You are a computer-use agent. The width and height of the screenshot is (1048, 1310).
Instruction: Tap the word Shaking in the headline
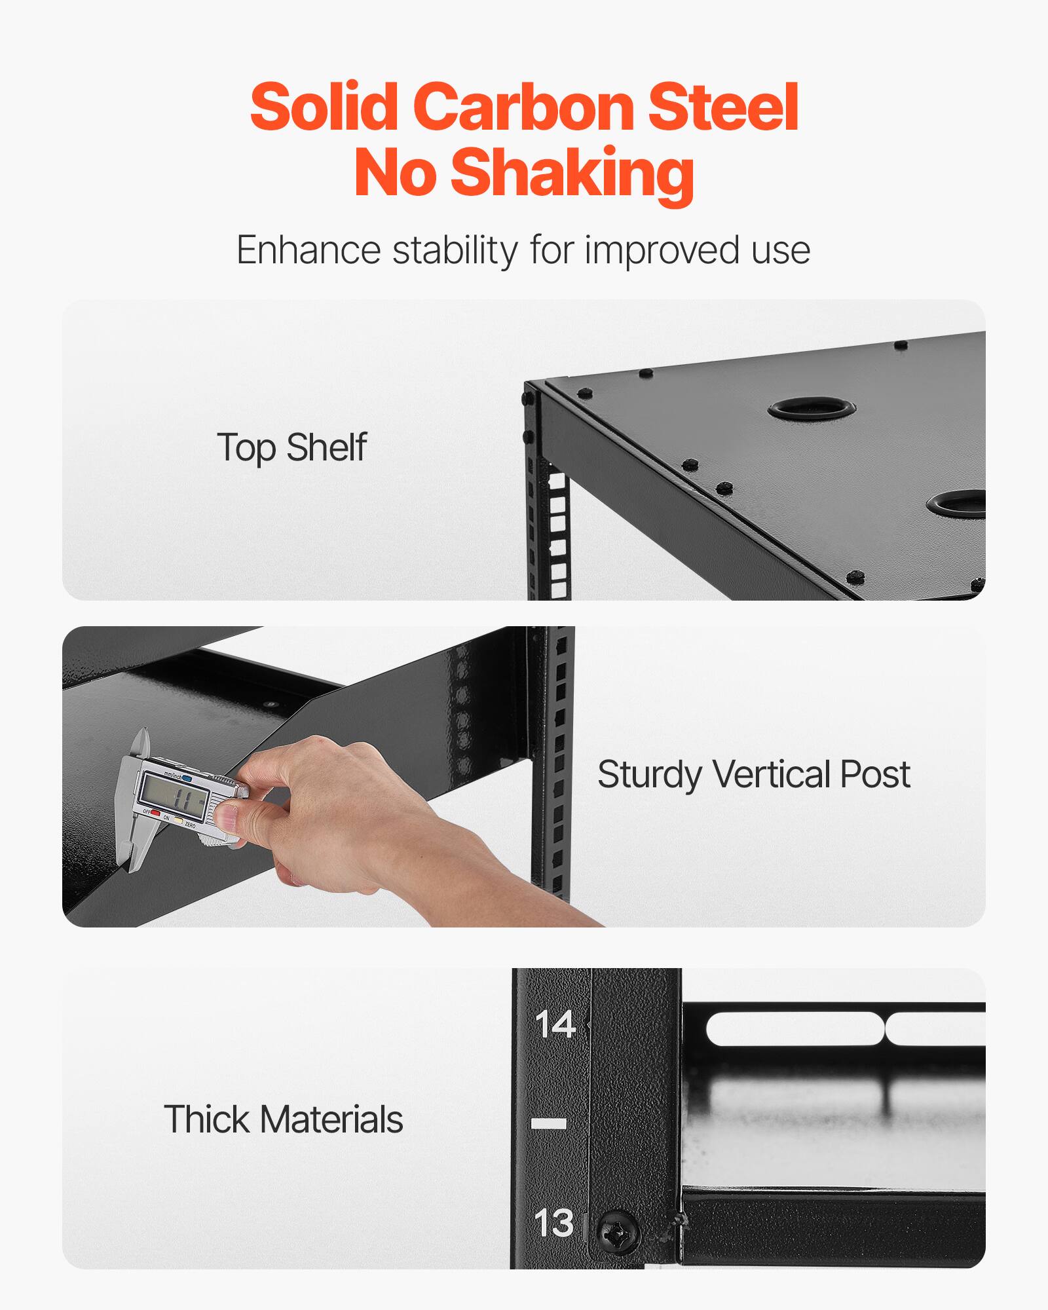coord(572,172)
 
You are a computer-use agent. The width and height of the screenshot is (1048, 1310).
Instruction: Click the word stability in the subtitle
coord(455,251)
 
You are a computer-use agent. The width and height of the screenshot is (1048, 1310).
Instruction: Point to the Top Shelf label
coord(291,447)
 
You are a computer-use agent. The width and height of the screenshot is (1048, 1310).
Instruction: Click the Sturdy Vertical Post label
coord(753,774)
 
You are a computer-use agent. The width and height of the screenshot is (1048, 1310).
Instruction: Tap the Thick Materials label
coord(283,1119)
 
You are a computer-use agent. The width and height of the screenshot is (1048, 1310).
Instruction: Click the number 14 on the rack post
coord(555,1025)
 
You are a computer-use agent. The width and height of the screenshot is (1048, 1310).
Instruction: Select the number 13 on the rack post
coord(553,1223)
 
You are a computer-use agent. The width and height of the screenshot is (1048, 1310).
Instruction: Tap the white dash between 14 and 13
coord(548,1124)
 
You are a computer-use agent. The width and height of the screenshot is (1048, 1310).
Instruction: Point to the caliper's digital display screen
coord(176,797)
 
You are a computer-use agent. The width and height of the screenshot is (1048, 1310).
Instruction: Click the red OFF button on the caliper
coord(155,814)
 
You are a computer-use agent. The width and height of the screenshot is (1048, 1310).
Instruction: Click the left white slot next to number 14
coord(793,1029)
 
